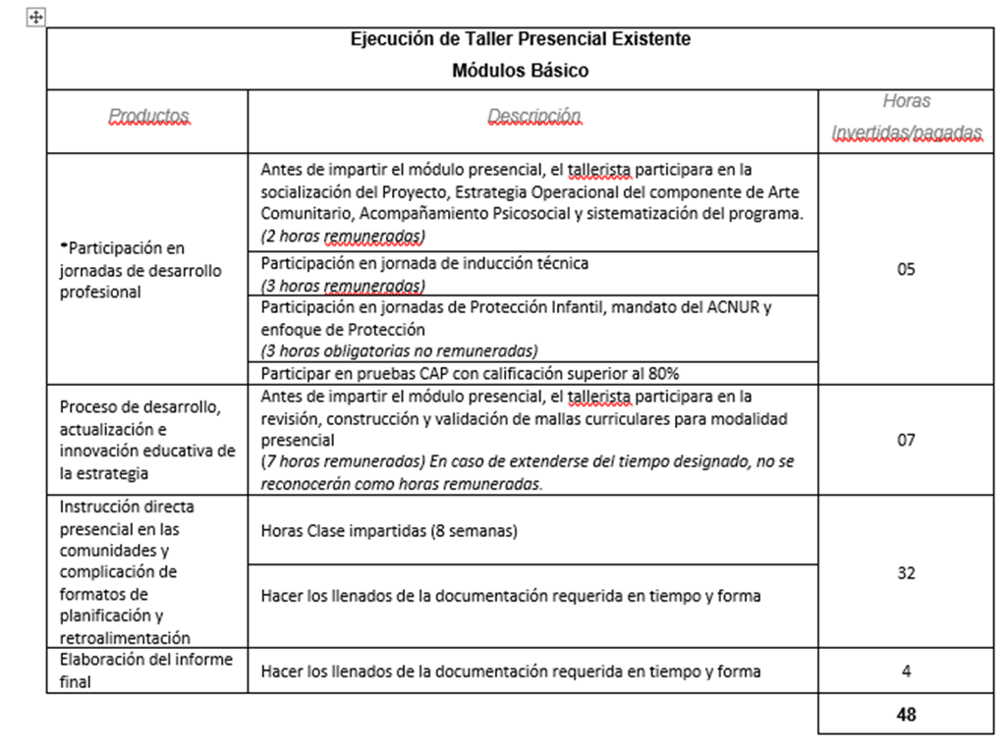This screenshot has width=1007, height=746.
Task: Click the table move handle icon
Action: pyautogui.click(x=36, y=18)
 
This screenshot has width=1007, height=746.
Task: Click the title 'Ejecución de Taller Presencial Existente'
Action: pyautogui.click(x=521, y=39)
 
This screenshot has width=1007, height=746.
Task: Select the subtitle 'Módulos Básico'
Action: pyautogui.click(x=521, y=71)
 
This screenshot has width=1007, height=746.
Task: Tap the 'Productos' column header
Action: pyautogui.click(x=148, y=116)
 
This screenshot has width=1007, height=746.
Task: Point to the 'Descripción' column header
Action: pyautogui.click(x=533, y=116)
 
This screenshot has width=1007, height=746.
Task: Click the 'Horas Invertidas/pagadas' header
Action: pyautogui.click(x=906, y=118)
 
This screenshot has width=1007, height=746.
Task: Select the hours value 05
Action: pyautogui.click(x=906, y=269)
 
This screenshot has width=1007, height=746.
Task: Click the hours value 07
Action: pyautogui.click(x=906, y=440)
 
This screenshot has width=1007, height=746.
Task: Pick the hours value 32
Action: pyautogui.click(x=906, y=573)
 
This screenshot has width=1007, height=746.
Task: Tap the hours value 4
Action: pyautogui.click(x=906, y=671)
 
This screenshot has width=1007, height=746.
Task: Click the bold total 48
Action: pyautogui.click(x=906, y=715)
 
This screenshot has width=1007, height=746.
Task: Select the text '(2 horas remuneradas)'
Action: pyautogui.click(x=342, y=236)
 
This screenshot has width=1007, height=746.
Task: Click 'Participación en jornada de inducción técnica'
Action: pyautogui.click(x=424, y=264)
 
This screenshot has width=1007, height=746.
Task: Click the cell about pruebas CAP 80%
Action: pyautogui.click(x=470, y=373)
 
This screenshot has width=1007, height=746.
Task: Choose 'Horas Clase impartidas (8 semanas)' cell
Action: pyautogui.click(x=389, y=530)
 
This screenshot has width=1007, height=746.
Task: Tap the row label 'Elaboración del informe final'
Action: pyautogui.click(x=145, y=670)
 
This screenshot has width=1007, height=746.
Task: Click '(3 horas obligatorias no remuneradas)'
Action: pyautogui.click(x=399, y=350)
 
